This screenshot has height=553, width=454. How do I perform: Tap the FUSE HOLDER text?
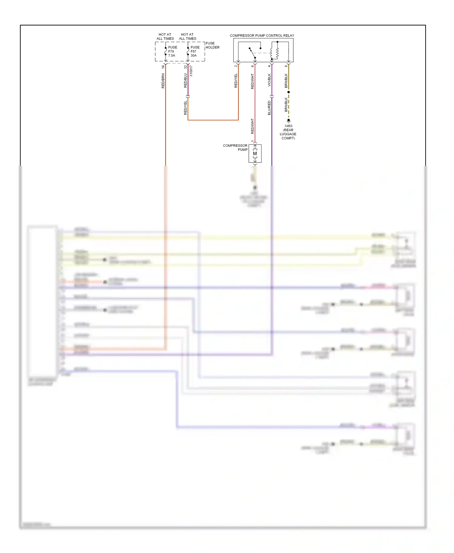212,45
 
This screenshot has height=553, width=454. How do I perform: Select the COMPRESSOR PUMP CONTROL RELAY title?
262,35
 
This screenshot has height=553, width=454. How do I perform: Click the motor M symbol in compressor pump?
255,154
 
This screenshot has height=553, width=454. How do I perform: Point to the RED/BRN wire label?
163,81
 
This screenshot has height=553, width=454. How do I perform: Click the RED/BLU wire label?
185,80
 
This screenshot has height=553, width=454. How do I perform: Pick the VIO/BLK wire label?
269,80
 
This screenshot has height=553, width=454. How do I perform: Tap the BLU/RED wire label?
269,108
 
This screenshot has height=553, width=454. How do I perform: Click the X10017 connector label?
191,71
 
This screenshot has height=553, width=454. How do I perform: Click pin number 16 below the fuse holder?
163,67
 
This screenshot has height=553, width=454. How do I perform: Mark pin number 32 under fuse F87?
185,67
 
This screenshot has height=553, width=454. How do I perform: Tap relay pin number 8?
286,66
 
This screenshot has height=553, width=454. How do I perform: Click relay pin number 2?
235,66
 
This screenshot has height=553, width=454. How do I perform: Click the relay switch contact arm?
252,53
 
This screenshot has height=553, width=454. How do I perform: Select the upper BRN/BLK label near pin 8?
286,81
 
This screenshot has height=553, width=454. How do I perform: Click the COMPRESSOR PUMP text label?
235,148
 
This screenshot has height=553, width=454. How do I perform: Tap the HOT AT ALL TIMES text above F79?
165,37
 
